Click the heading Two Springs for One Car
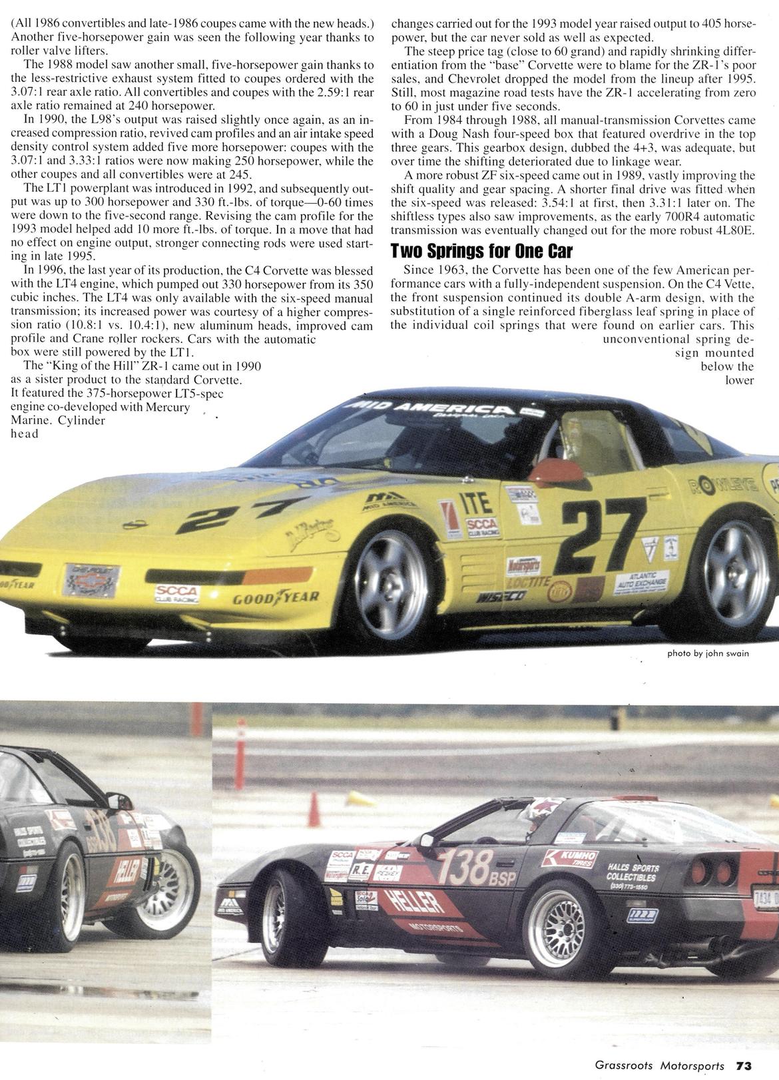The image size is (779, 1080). coord(481,252)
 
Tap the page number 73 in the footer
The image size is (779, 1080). coord(744,1065)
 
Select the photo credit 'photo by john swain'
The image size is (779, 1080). coord(708,653)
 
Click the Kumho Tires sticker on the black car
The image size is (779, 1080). coord(569,858)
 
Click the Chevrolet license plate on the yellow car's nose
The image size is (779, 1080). coord(91,580)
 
